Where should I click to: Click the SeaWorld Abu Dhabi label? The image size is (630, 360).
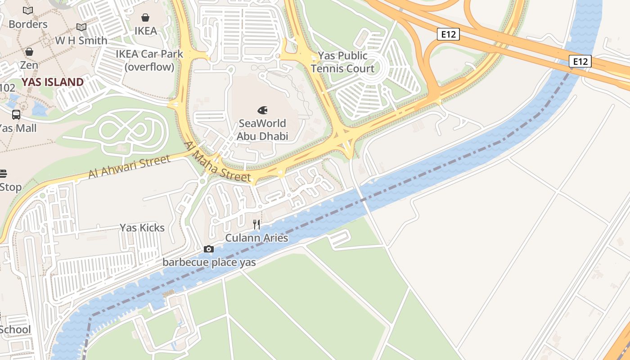tap(262, 130)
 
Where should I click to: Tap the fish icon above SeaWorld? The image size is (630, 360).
tap(262, 110)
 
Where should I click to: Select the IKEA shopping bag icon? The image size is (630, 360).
tap(145, 18)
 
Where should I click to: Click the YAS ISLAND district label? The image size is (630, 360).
tap(53, 82)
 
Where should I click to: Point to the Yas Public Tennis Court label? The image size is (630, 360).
tap(342, 62)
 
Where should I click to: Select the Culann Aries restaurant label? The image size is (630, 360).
tap(256, 238)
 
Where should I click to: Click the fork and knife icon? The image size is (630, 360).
tap(256, 224)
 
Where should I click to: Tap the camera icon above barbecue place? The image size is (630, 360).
tap(209, 249)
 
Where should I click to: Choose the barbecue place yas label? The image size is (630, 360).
tap(209, 262)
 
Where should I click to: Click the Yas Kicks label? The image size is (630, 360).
tap(142, 228)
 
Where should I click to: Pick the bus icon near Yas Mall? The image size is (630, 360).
tap(16, 114)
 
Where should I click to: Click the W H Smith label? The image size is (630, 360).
tap(81, 40)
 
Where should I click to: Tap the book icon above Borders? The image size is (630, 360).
tap(28, 10)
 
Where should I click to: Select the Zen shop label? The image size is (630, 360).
tap(29, 65)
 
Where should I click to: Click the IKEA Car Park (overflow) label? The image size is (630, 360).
tap(149, 60)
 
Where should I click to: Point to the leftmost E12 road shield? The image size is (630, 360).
tap(448, 34)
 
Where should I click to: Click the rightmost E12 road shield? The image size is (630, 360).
tap(580, 61)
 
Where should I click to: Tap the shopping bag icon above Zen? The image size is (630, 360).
tap(29, 52)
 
